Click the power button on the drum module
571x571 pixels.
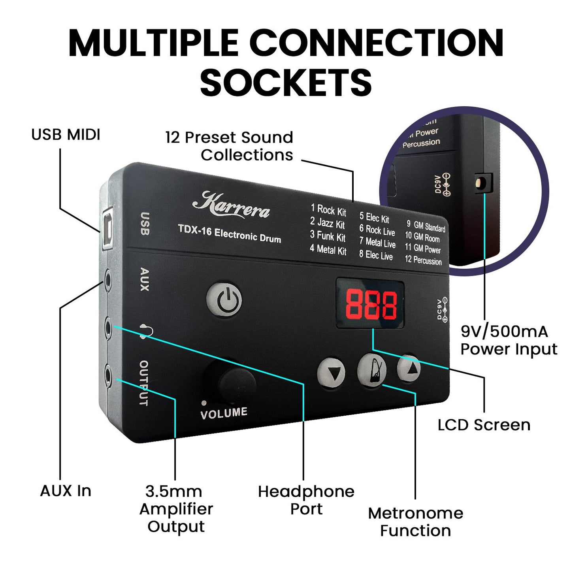(x=224, y=299)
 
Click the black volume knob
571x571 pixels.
(x=236, y=383)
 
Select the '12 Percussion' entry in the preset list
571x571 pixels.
(x=423, y=260)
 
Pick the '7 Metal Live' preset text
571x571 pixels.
(x=377, y=242)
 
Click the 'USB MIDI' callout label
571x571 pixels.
(x=66, y=135)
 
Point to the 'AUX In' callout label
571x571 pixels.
(x=66, y=491)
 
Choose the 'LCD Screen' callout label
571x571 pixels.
(x=484, y=425)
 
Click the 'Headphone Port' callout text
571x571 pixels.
(x=306, y=500)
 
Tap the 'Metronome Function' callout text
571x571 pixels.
(x=416, y=522)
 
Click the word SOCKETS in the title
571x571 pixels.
(x=286, y=83)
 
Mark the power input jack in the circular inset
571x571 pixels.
(x=482, y=183)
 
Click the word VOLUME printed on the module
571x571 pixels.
(x=224, y=413)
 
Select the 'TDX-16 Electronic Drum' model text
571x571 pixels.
(x=229, y=234)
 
